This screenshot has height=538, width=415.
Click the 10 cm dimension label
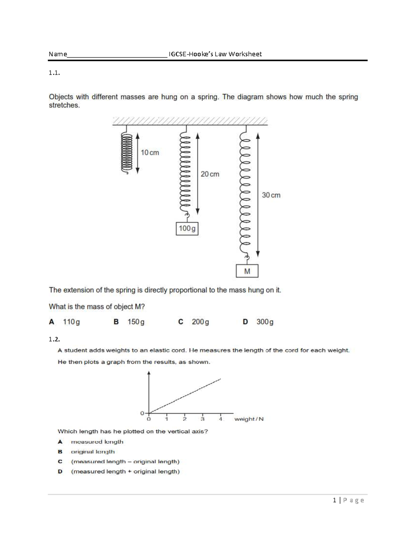(x=150, y=153)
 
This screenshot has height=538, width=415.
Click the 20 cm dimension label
(x=210, y=174)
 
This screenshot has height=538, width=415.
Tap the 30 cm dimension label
(x=271, y=195)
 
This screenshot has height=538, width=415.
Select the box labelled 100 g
(x=187, y=229)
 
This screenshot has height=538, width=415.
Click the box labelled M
(x=247, y=271)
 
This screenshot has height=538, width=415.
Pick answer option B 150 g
(x=129, y=322)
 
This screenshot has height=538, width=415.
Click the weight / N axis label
(x=249, y=419)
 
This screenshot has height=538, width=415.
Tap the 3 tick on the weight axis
(x=203, y=419)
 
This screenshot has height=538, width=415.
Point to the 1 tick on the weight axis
(x=167, y=419)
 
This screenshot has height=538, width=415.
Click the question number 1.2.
(x=54, y=339)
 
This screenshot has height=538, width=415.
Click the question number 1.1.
(x=54, y=73)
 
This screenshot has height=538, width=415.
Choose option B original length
(x=86, y=452)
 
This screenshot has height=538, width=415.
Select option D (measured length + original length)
(x=119, y=471)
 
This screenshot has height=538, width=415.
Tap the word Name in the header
(x=58, y=54)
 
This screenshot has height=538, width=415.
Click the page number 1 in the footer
(x=334, y=500)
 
